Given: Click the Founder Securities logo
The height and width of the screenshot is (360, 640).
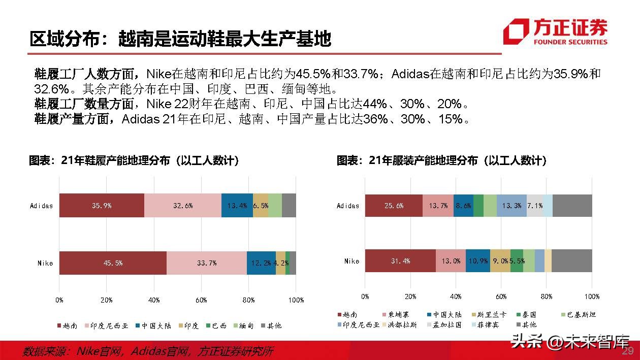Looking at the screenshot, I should click(555, 32).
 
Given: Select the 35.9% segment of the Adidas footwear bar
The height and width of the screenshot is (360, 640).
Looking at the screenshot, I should click(102, 206).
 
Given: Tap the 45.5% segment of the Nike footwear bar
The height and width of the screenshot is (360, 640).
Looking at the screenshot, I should click(113, 263).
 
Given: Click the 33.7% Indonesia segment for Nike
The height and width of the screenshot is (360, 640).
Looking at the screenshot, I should click(206, 263).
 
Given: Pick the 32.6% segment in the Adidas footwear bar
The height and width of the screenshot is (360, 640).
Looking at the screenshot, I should click(182, 206).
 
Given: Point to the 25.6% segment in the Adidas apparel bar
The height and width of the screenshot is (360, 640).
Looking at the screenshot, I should click(394, 206).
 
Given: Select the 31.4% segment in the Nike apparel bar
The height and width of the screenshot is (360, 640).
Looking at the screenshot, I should click(400, 261).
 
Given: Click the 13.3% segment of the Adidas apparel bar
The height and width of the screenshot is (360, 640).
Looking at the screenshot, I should click(511, 206).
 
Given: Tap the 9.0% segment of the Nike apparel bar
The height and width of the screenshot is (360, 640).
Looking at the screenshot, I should click(500, 261).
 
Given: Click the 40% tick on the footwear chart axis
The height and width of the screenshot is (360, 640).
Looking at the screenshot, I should click(154, 300).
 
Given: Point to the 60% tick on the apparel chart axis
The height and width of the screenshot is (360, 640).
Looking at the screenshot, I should click(501, 297).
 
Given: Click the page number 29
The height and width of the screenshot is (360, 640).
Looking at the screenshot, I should click(628, 351).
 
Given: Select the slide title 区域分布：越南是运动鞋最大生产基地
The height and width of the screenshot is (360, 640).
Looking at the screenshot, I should click(180, 39).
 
